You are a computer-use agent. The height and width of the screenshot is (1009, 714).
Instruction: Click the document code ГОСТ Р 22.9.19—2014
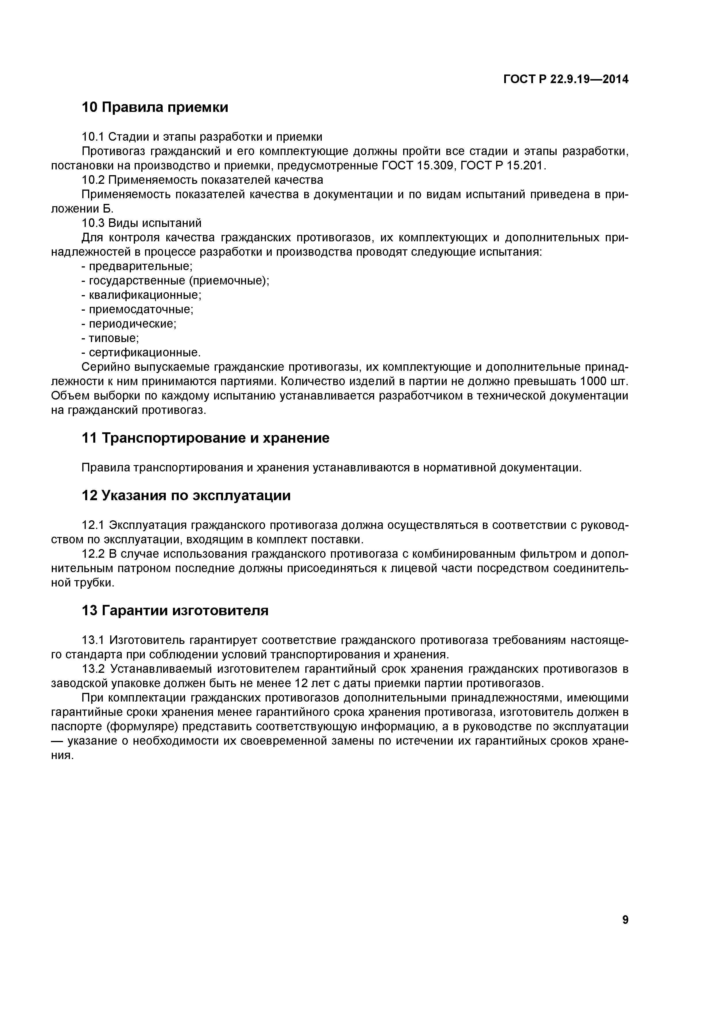[566, 80]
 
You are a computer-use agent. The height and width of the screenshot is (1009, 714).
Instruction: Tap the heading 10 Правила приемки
[155, 107]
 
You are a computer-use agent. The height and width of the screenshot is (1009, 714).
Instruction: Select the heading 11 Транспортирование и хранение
[205, 438]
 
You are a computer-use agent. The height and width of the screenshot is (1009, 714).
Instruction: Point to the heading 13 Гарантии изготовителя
[175, 611]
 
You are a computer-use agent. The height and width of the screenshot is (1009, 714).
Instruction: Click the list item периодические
[132, 324]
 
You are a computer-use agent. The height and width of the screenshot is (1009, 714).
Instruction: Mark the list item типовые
[113, 338]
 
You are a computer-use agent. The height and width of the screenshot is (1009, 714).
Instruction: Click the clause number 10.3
[93, 223]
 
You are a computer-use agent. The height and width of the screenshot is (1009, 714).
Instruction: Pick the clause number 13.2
[93, 669]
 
